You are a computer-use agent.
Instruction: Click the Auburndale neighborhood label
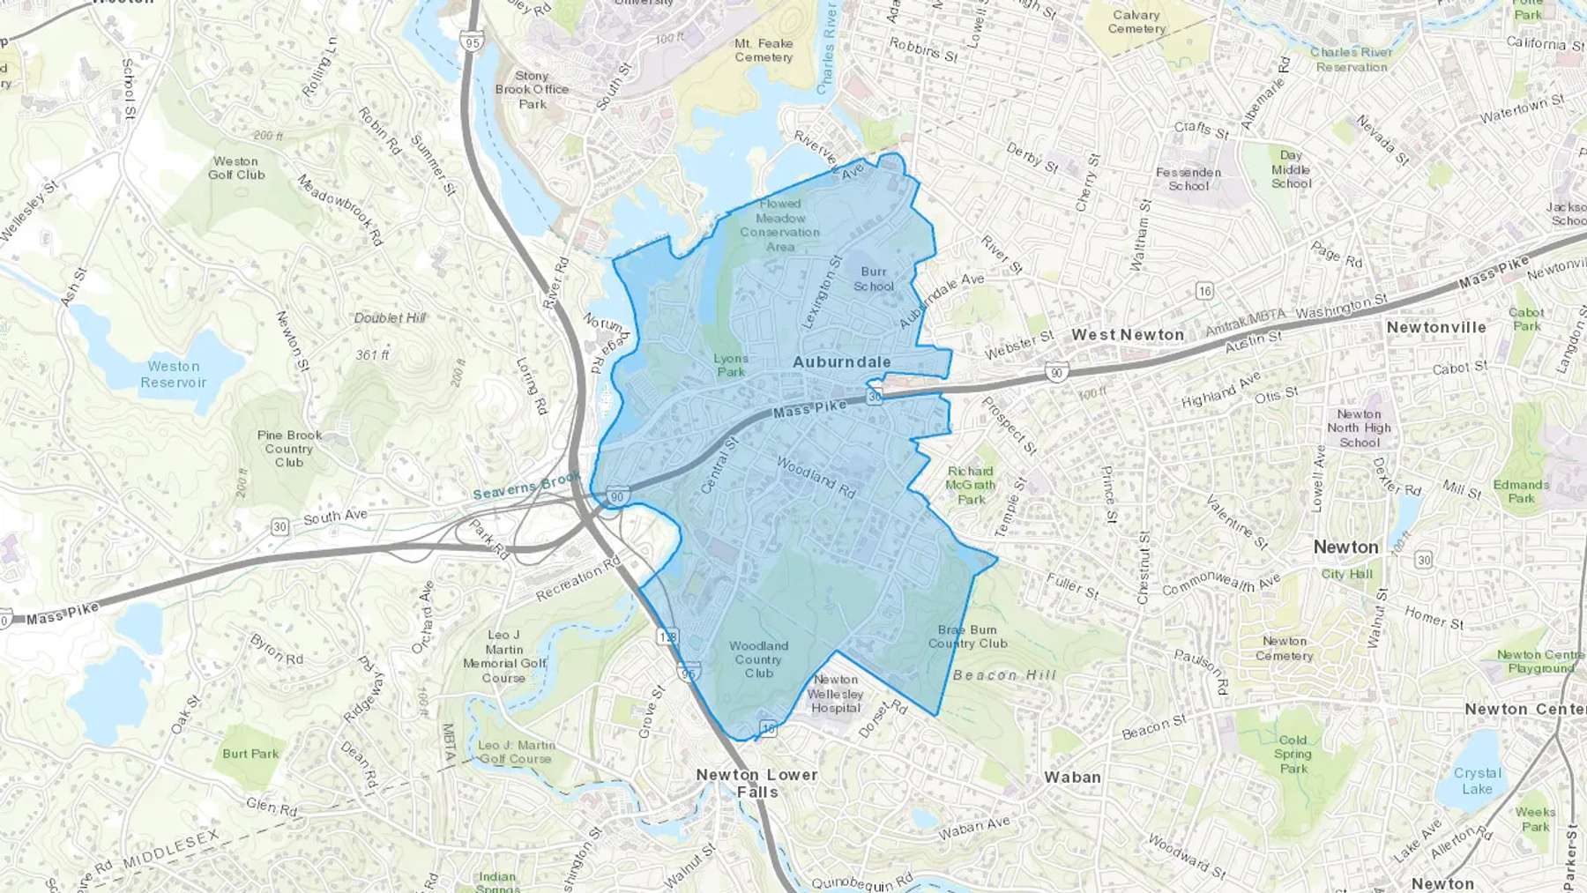841,361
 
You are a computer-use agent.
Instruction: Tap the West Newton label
1128,335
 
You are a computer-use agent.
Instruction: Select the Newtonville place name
1436,327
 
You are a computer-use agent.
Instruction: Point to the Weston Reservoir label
174,375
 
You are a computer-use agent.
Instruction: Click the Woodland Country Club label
758,659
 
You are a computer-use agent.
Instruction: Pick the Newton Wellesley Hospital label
836,694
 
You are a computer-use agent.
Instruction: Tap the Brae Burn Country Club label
967,636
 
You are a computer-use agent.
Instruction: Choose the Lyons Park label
731,365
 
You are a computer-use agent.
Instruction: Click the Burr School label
874,279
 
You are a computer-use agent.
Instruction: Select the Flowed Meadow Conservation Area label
779,225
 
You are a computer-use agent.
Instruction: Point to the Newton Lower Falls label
757,783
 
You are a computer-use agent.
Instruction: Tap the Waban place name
1072,778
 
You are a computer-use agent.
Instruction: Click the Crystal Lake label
1477,781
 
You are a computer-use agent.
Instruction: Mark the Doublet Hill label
390,318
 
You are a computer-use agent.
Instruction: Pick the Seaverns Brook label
526,486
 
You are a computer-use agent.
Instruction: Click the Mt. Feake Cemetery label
764,50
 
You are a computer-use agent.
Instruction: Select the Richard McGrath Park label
971,485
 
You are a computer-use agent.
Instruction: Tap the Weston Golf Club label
236,167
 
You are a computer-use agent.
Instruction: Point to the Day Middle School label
1291,169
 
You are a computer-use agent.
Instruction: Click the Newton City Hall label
1346,574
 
